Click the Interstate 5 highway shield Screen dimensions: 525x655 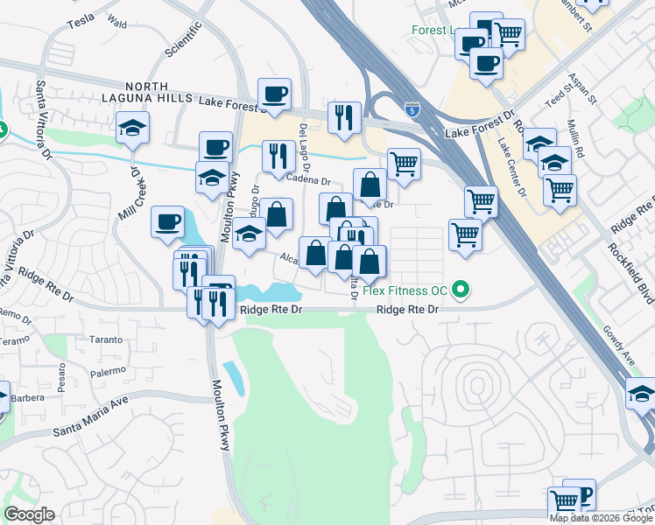pyautogui.click(x=412, y=109)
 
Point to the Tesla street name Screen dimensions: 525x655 pyautogui.click(x=79, y=18)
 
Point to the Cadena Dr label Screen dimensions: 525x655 pyautogui.click(x=308, y=180)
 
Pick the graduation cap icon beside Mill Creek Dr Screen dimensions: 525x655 pyautogui.click(x=132, y=128)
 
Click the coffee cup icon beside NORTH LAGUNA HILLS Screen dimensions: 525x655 pyautogui.click(x=274, y=94)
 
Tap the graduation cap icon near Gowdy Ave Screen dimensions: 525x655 pyautogui.click(x=641, y=395)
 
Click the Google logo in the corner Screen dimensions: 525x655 pyautogui.click(x=29, y=514)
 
